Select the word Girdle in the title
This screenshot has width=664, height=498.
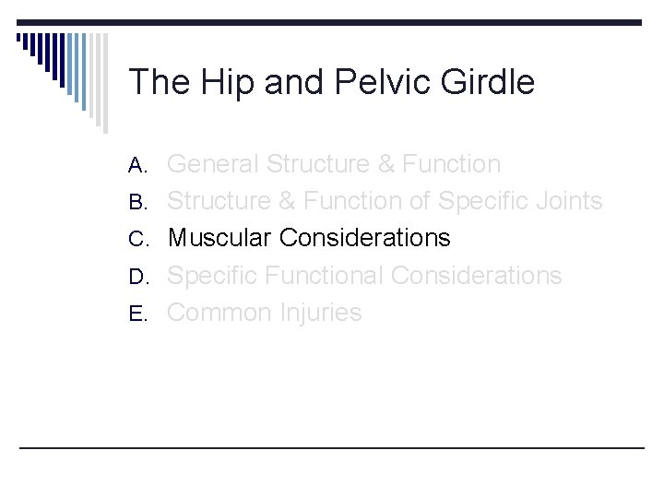tap(490, 83)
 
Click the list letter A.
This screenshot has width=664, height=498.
tap(138, 166)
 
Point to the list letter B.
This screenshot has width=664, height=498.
tap(138, 203)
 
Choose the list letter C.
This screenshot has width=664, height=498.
tap(138, 240)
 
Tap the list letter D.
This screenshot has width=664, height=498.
tap(138, 277)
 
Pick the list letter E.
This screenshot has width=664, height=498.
tap(138, 314)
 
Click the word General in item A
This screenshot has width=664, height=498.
tap(212, 164)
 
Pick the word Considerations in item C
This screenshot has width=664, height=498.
tap(364, 238)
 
